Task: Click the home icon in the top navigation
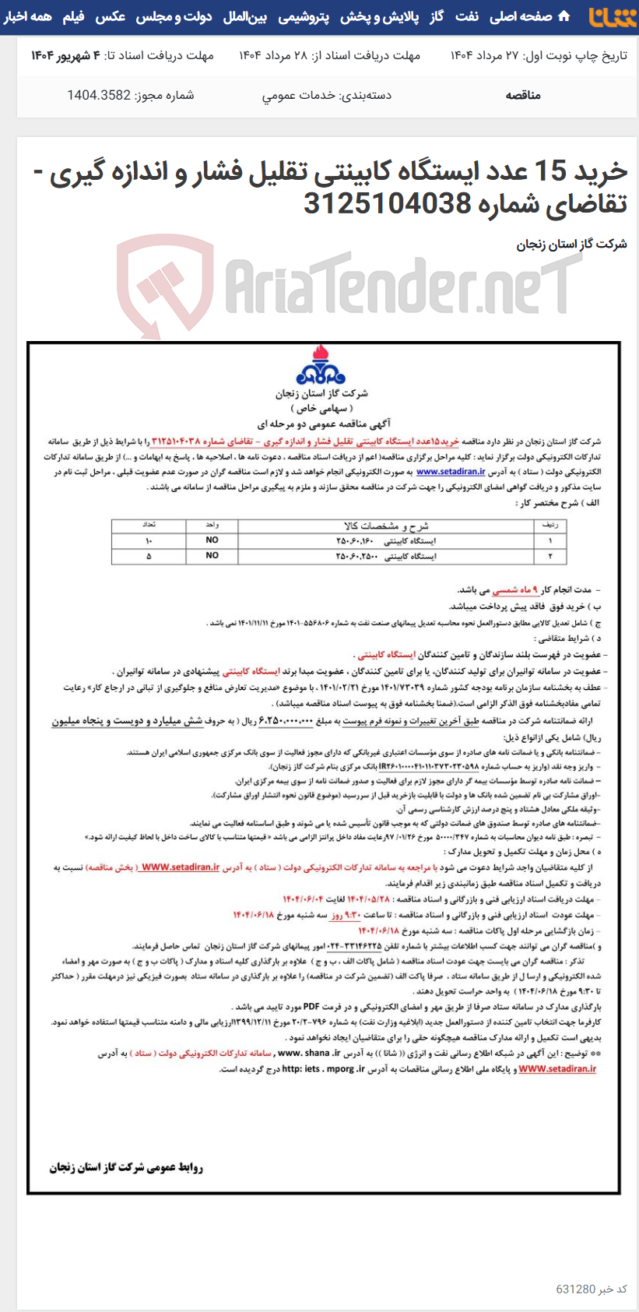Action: tap(564, 16)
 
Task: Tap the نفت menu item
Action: tap(467, 16)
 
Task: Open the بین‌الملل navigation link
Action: tap(245, 16)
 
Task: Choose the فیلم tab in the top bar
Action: tap(74, 16)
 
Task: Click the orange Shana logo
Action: tap(612, 17)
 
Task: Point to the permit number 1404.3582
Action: tap(99, 95)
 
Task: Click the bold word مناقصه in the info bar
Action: tap(523, 95)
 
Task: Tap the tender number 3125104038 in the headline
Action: tap(387, 203)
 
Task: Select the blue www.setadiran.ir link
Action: tap(451, 471)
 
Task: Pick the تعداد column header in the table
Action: tap(149, 526)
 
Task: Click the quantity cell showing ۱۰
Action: tap(149, 540)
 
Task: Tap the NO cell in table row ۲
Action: tap(212, 556)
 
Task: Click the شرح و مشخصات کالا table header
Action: tap(386, 526)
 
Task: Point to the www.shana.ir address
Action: tap(309, 1053)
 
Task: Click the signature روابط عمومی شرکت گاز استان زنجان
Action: tap(126, 1167)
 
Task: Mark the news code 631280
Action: tap(576, 1289)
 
